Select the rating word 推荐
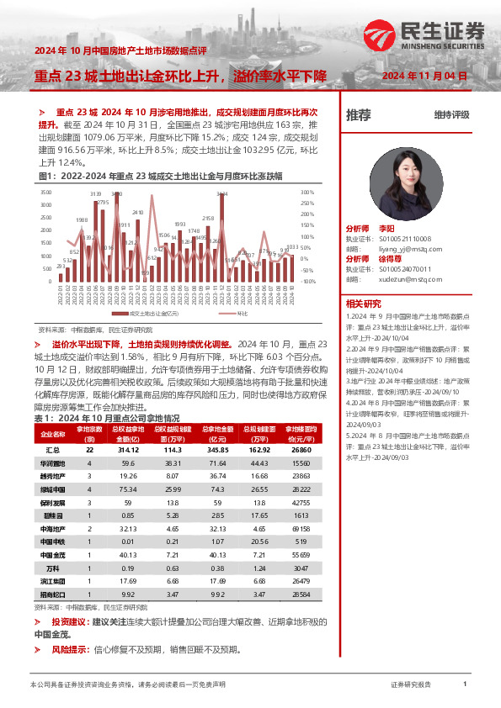tap(359, 116)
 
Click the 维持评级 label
tap(451, 116)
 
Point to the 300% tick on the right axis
tap(308, 193)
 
